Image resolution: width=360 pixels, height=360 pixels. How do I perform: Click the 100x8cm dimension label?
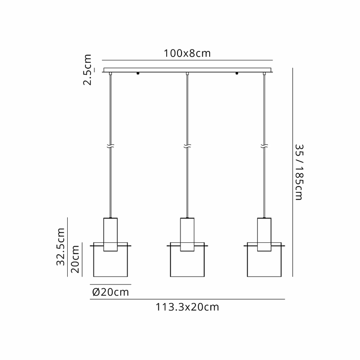pos(187,53)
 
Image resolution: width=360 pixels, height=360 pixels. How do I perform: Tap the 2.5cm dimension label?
pos(88,70)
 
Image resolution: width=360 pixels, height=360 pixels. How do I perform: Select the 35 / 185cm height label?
pos(299,172)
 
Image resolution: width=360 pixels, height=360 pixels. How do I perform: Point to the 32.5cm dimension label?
pos(61,247)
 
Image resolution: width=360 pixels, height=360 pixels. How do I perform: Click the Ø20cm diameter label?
pos(110,292)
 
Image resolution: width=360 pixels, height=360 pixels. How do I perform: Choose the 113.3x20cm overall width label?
pos(187,307)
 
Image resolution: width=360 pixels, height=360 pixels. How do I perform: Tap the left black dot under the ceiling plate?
pos(138,74)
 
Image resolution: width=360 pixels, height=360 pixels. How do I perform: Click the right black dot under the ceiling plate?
pos(237,74)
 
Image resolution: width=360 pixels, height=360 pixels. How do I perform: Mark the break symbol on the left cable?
pos(110,146)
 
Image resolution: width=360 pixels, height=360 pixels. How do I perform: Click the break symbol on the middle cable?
pos(187,146)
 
